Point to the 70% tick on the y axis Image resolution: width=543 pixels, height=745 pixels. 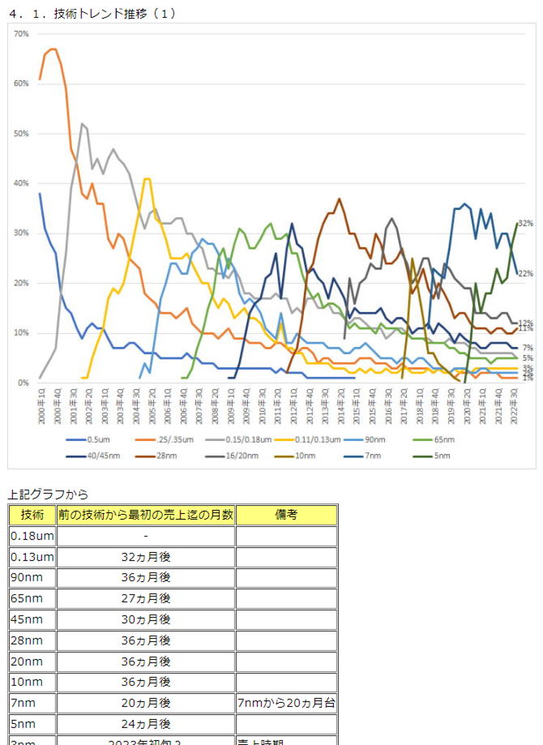[22, 34]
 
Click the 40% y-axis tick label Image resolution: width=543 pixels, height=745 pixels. [22, 183]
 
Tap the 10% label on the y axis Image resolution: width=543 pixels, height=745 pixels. [22, 333]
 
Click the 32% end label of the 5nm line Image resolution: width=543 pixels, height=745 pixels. [525, 223]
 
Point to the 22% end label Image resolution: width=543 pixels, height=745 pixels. [525, 274]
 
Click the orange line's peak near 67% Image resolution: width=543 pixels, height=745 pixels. [53, 49]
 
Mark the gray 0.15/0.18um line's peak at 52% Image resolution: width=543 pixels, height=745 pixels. [83, 124]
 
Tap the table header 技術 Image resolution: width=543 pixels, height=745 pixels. [32, 515]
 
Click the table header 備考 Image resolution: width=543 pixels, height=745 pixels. [286, 515]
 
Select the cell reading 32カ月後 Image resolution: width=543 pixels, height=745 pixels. [145, 557]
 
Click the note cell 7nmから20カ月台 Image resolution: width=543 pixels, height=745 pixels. [286, 703]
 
